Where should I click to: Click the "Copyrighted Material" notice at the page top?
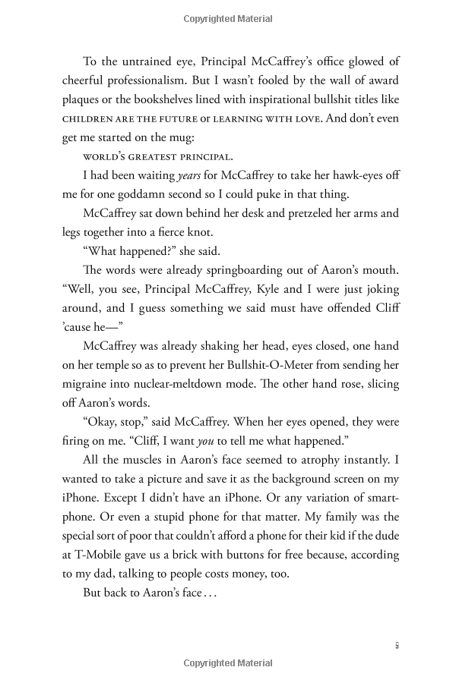point(228,17)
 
